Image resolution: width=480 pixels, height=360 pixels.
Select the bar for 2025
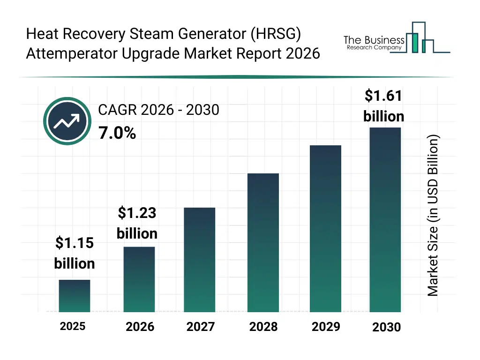tap(75, 296)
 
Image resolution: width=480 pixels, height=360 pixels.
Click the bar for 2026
tap(139, 279)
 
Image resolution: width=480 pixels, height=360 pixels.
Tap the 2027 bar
tap(200, 260)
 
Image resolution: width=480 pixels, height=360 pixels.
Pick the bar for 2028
tap(263, 243)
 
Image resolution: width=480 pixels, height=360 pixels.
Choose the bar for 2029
tap(326, 229)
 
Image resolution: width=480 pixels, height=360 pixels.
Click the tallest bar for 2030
tap(385, 219)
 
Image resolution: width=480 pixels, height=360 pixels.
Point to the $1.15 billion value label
tap(75, 253)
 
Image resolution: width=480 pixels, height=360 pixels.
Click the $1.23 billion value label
tap(137, 223)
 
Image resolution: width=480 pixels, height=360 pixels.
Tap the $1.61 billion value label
tap(384, 106)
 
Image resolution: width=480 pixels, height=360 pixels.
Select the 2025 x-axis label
tap(73, 326)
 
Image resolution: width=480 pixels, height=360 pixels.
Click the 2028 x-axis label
tap(263, 327)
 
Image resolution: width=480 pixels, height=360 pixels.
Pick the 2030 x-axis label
tap(387, 327)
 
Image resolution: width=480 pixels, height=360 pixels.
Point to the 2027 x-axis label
tap(200, 327)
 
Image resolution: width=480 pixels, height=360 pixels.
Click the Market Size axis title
tap(433, 216)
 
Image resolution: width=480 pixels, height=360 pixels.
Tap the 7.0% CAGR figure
tap(117, 134)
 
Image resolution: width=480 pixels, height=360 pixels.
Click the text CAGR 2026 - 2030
tap(158, 110)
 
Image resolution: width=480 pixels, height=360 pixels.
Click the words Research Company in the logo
tap(374, 48)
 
